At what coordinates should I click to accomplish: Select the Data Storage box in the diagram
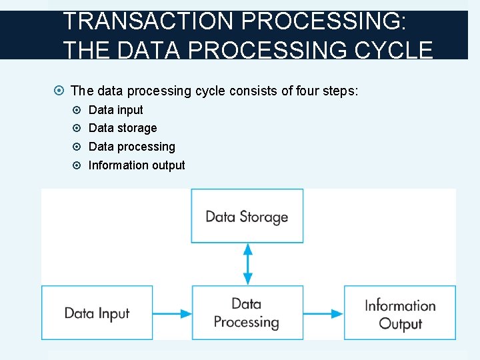pyautogui.click(x=247, y=216)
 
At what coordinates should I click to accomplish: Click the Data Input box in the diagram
pyautogui.click(x=97, y=313)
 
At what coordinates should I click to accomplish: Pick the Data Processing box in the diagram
pyautogui.click(x=247, y=313)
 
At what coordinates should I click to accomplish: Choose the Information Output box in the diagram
pyautogui.click(x=400, y=313)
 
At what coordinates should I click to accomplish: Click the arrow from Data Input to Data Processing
pyautogui.click(x=172, y=313)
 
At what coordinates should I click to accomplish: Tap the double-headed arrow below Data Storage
pyautogui.click(x=247, y=264)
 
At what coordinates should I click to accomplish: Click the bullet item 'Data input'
pyautogui.click(x=115, y=110)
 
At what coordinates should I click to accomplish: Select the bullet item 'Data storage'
pyautogui.click(x=123, y=128)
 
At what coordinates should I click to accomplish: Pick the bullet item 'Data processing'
pyautogui.click(x=131, y=147)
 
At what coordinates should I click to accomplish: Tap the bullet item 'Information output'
pyautogui.click(x=137, y=165)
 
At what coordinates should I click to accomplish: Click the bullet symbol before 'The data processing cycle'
pyautogui.click(x=60, y=91)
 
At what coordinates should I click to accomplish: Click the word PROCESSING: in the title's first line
pyautogui.click(x=322, y=21)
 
